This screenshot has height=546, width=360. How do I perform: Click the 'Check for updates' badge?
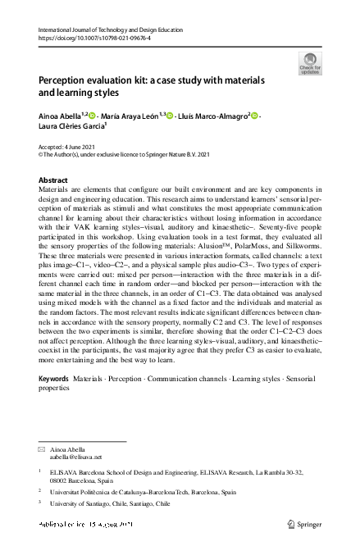click(311, 63)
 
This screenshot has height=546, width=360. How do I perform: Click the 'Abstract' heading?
click(54, 179)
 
